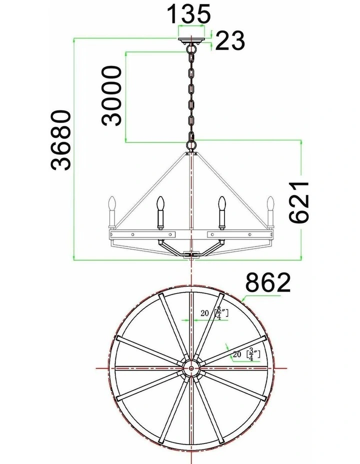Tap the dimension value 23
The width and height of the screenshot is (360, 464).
(230, 40)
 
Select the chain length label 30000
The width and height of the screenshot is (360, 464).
(111, 96)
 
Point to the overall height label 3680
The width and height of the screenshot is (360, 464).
(61, 140)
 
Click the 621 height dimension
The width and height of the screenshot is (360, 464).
(299, 202)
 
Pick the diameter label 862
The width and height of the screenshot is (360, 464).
(268, 282)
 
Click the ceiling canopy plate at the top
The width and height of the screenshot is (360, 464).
(191, 40)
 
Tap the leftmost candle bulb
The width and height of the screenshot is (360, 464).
(112, 203)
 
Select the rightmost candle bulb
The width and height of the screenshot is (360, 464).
(270, 203)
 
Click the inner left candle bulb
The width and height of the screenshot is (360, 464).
(160, 203)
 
